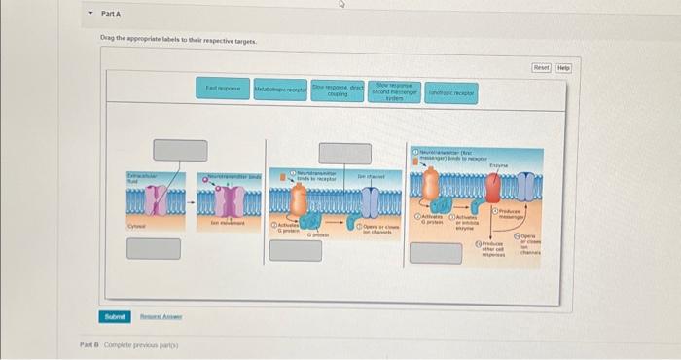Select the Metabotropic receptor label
coord(279,89)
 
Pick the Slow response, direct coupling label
coord(338,89)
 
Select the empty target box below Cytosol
coord(154,248)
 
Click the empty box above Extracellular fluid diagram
coord(180,151)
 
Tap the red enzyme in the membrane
coord(509,189)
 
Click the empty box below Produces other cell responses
coord(435,253)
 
